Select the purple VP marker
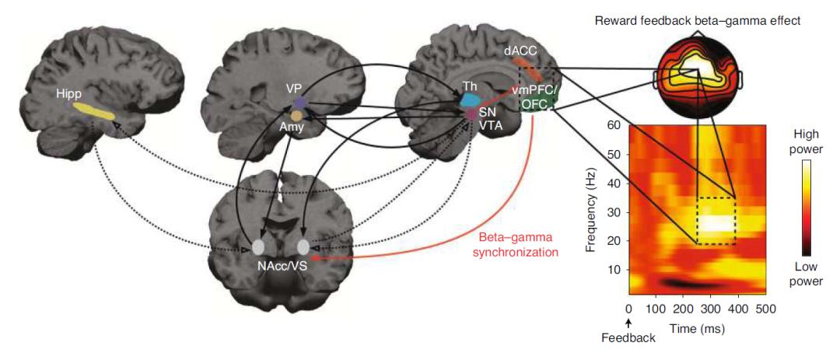click(x=299, y=103)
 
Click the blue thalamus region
click(x=469, y=100)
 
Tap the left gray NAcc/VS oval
click(x=258, y=248)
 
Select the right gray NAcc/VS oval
click(x=303, y=247)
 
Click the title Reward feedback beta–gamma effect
click(x=697, y=20)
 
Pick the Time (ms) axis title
click(x=698, y=329)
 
